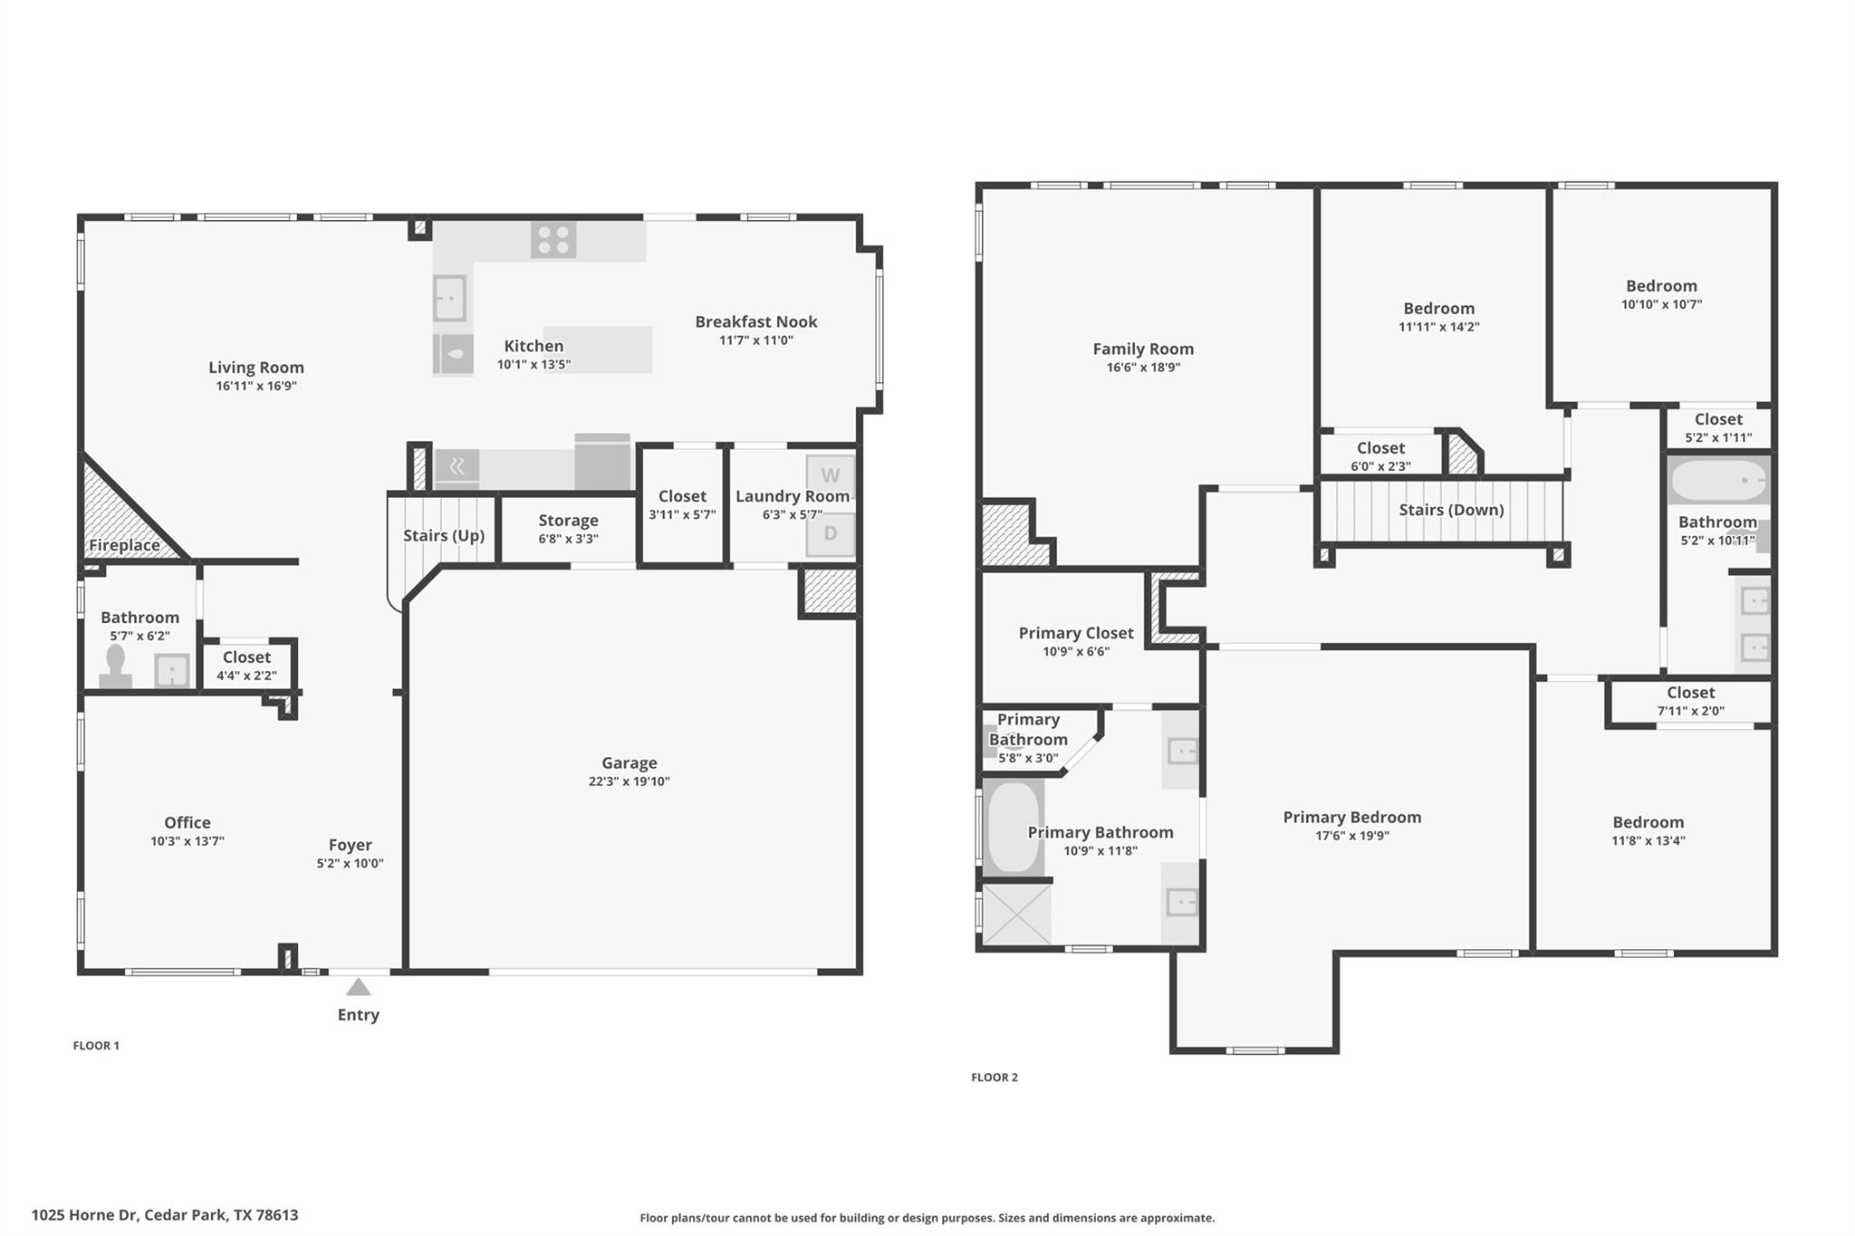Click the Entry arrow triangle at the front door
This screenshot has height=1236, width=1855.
click(359, 987)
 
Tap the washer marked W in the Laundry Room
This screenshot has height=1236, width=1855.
click(830, 475)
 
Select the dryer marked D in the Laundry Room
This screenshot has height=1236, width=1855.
click(830, 534)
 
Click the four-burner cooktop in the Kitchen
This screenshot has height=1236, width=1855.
click(553, 240)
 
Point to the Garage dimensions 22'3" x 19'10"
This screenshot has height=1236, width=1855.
click(629, 781)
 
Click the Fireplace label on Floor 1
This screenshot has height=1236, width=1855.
click(124, 545)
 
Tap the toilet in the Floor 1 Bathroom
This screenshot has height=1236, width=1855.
click(115, 666)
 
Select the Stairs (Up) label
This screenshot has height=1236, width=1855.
click(444, 535)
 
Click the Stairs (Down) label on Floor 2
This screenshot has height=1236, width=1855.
click(1451, 510)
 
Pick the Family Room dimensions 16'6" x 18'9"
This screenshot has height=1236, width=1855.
click(1143, 368)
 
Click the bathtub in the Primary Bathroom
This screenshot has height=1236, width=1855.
click(1013, 827)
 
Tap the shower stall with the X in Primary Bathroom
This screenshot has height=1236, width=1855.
click(1016, 915)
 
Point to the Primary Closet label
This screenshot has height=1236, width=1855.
click(1076, 633)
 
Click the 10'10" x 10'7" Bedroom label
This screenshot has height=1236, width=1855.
click(1661, 286)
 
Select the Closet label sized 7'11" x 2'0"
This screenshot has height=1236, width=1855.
click(1690, 693)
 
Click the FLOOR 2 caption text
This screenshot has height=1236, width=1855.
click(995, 1078)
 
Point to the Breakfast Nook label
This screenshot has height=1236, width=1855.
click(755, 321)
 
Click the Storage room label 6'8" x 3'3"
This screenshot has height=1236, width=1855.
click(568, 521)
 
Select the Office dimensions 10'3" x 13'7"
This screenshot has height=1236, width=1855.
click(187, 841)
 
